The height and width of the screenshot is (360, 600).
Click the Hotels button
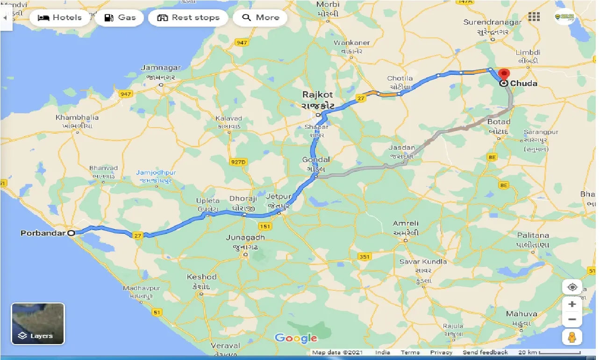(59, 18)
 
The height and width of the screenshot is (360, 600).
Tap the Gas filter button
(120, 18)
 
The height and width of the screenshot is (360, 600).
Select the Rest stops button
(188, 18)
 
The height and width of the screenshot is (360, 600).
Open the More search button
(261, 18)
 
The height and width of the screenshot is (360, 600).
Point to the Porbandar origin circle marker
(71, 232)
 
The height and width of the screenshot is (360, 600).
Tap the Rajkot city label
(317, 95)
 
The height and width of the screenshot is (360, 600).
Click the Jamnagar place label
(160, 68)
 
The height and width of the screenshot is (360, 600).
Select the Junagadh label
(245, 238)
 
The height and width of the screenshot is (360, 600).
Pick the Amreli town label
(406, 223)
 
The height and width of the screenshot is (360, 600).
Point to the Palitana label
(533, 235)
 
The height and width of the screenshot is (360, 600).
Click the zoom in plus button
(572, 304)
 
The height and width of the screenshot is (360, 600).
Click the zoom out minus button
(572, 320)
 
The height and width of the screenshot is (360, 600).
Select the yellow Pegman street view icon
(572, 337)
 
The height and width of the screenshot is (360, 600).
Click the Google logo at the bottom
(296, 338)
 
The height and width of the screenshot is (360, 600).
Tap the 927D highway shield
(238, 162)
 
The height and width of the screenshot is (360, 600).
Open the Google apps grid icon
(534, 17)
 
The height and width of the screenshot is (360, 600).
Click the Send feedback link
(485, 353)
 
